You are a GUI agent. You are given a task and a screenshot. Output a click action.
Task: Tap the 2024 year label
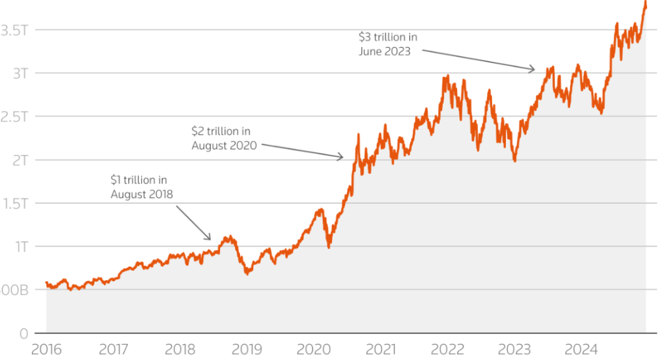pos(581,350)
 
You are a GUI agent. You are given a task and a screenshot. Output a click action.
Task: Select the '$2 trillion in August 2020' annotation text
pos(224,138)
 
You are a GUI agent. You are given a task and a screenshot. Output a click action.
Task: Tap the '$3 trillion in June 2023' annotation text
pos(388,44)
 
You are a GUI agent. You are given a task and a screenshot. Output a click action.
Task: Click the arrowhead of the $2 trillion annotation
pos(342,157)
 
